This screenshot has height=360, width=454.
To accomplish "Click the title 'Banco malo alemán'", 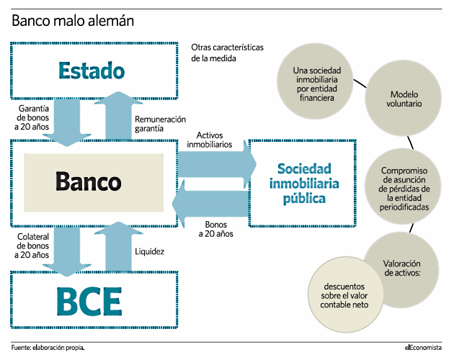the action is click(73, 21).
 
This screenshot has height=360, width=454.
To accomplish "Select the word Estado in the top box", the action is click(92, 71).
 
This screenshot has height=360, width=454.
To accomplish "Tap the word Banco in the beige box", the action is click(89, 181).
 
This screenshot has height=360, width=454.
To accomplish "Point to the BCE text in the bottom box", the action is click(89, 301).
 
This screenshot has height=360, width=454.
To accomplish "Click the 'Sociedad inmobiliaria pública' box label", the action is click(304, 184).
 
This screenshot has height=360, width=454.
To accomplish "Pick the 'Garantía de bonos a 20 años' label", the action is click(32, 117).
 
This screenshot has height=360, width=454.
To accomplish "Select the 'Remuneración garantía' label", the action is click(160, 124).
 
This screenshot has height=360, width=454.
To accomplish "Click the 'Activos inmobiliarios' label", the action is click(209, 140).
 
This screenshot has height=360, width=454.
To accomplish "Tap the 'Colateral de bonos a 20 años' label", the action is click(32, 246).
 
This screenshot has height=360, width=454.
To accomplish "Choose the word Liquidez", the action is click(149, 251).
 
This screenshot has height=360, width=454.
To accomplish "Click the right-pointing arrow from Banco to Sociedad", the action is click(217, 164).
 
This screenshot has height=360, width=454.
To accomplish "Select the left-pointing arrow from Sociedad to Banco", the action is click(210, 204).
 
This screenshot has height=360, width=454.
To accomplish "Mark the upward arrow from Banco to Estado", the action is click(118, 115).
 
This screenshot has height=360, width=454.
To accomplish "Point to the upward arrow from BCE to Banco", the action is click(118, 246).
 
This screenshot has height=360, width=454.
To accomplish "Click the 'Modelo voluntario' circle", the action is click(403, 98).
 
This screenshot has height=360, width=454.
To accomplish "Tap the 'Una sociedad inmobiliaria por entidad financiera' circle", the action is click(315, 81).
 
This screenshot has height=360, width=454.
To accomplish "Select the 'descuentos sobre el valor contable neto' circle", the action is click(345, 294).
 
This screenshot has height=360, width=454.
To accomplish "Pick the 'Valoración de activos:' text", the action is click(402, 268).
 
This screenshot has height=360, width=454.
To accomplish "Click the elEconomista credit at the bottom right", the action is click(423, 348).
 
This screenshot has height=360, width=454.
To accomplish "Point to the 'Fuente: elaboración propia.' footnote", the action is click(48, 348).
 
